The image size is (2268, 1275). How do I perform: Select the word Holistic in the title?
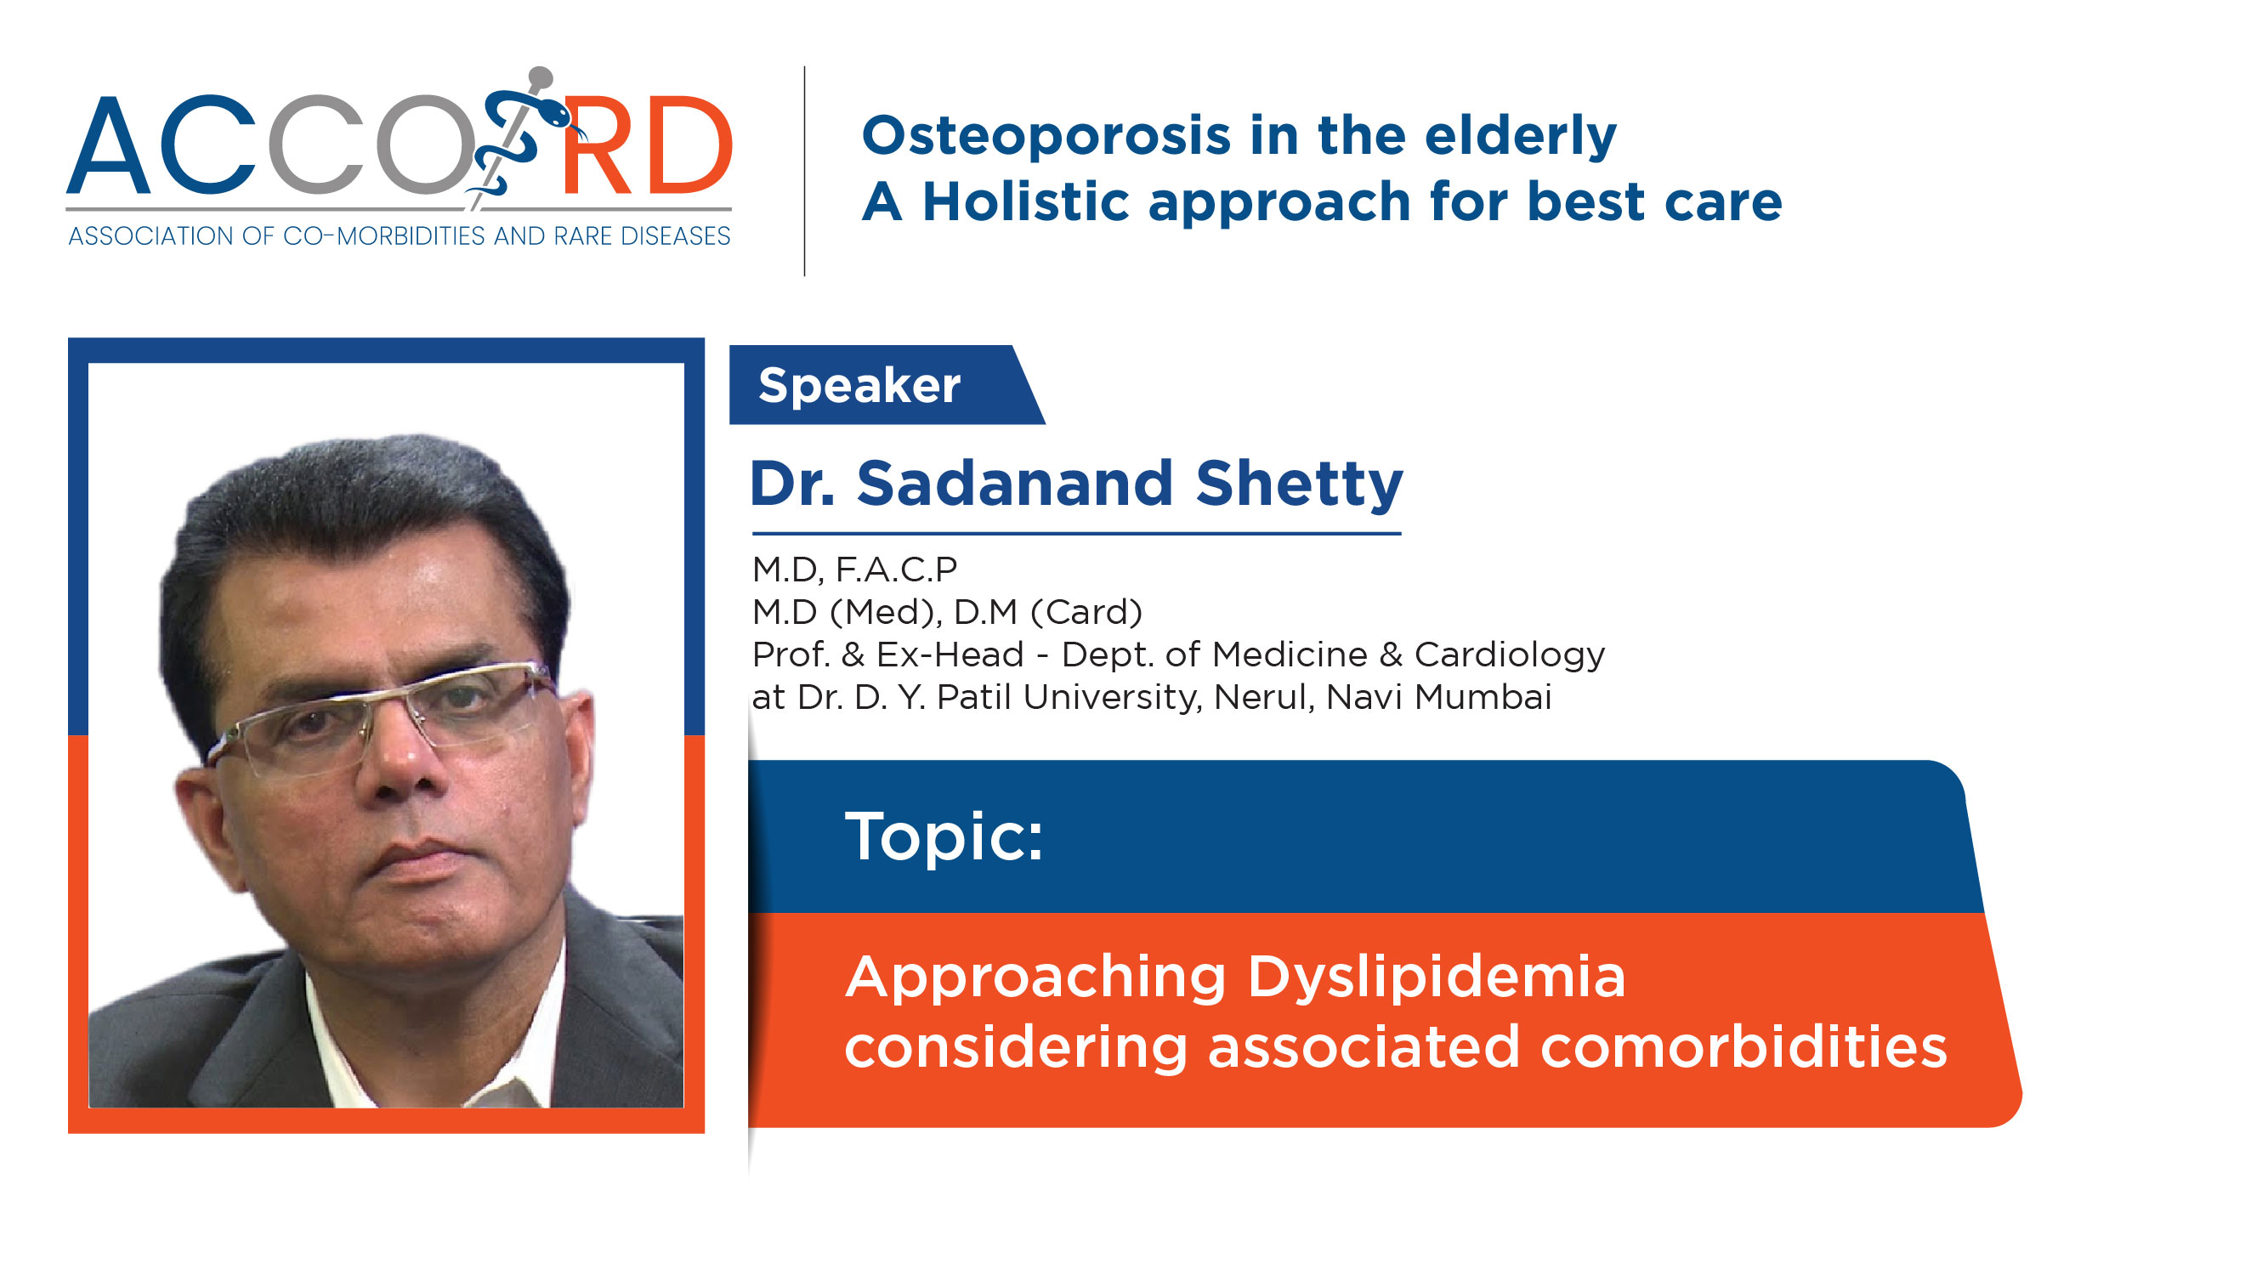[1026, 201]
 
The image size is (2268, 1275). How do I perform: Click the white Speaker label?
[859, 386]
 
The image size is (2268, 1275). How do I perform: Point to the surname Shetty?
[1299, 484]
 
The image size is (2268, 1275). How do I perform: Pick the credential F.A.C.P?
[896, 569]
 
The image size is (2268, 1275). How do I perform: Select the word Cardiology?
[1509, 655]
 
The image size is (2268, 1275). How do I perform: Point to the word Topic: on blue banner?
[944, 836]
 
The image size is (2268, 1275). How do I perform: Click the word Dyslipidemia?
[1436, 977]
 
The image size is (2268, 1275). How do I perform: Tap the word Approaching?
[1035, 977]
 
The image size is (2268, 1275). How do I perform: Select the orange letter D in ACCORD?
[687, 145]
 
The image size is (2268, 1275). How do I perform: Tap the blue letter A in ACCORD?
[108, 145]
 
